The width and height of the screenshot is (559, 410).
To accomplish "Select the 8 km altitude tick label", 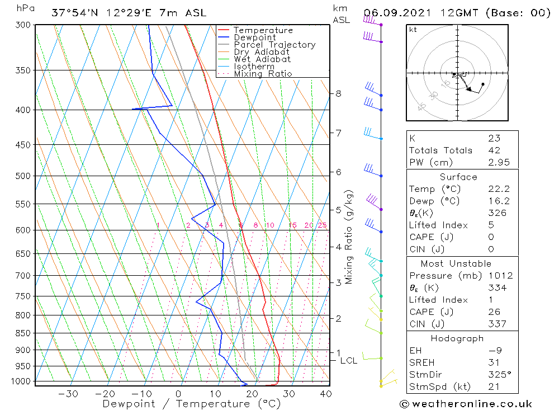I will (338, 93).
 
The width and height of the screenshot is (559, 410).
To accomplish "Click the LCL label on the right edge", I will (349, 361).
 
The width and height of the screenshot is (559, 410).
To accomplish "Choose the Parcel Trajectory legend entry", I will (274, 45).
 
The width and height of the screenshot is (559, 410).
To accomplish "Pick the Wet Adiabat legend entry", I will (262, 59).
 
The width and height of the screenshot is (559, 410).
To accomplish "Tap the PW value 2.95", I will (495, 162).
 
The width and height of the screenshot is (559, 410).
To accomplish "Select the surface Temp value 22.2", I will (495, 189).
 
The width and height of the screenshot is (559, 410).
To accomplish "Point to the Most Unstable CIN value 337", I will (495, 324).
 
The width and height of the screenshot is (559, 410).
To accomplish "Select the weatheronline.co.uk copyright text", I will (466, 403).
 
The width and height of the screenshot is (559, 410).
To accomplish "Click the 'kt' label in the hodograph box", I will (413, 29).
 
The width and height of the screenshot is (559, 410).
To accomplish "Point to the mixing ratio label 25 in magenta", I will (322, 225).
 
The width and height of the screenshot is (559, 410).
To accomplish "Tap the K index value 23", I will (494, 138).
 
